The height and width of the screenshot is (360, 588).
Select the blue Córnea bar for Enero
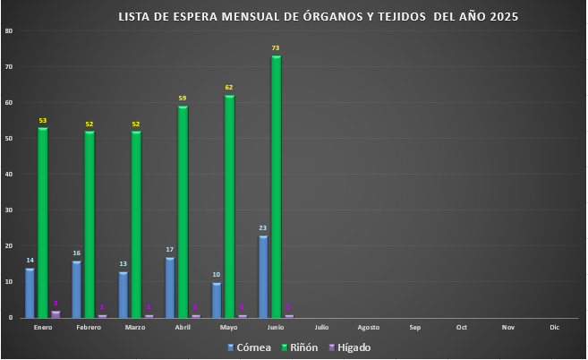pos(30,293)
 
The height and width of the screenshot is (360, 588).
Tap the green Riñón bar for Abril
pos(183,211)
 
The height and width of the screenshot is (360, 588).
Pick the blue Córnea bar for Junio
pos(263,276)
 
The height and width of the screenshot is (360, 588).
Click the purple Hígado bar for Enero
pos(55,314)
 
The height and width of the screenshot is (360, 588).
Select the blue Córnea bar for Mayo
pos(217,300)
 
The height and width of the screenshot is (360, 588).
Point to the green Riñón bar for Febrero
pos(89,224)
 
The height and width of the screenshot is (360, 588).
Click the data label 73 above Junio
pos(276,47)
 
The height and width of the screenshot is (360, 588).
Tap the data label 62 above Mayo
pos(229,87)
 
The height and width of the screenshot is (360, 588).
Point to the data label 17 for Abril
pos(170,250)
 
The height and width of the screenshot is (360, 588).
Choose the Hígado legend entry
pos(350,347)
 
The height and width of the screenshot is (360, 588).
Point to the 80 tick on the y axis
pos(8,31)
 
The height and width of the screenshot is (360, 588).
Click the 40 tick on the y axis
pos(8,175)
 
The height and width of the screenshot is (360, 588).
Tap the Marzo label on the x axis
pos(135,328)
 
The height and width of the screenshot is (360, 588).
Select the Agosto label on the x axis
pos(369,328)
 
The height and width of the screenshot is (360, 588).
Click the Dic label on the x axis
pos(555,328)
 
